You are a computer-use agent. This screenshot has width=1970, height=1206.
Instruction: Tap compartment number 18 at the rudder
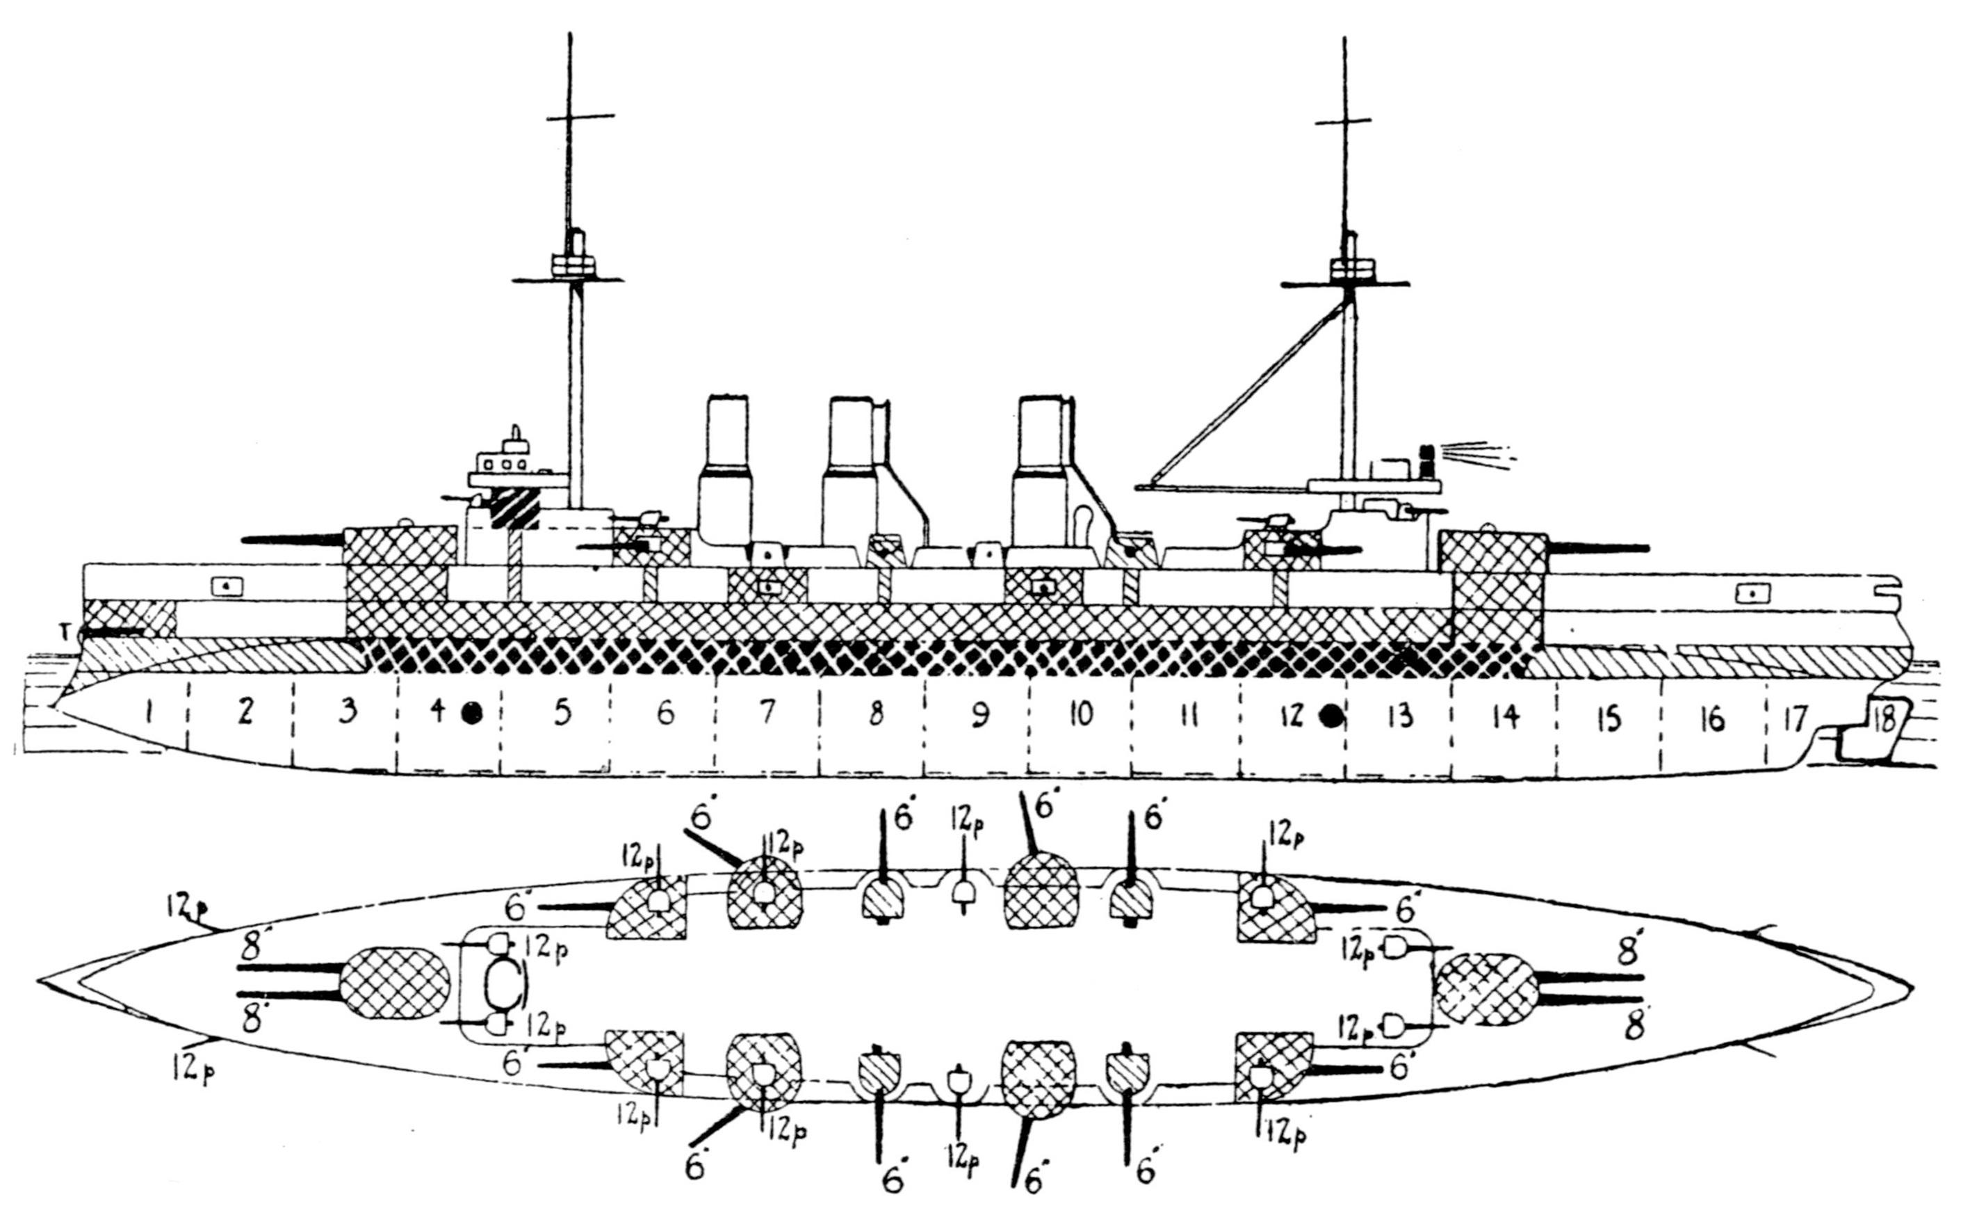click(x=1884, y=721)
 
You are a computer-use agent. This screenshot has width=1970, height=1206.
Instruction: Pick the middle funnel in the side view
click(x=853, y=472)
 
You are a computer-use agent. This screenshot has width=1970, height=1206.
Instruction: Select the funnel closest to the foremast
click(x=725, y=472)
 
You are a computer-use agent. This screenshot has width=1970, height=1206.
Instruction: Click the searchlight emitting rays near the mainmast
click(x=1426, y=459)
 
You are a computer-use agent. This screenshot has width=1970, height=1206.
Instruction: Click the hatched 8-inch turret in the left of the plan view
click(x=395, y=983)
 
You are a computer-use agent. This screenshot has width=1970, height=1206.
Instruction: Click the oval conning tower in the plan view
click(x=505, y=983)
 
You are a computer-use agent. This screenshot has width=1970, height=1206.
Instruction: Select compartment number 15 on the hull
click(x=1607, y=719)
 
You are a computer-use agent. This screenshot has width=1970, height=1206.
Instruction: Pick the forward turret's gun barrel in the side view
click(x=293, y=540)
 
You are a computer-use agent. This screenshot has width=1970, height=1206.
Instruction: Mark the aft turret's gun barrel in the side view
click(x=1597, y=548)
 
